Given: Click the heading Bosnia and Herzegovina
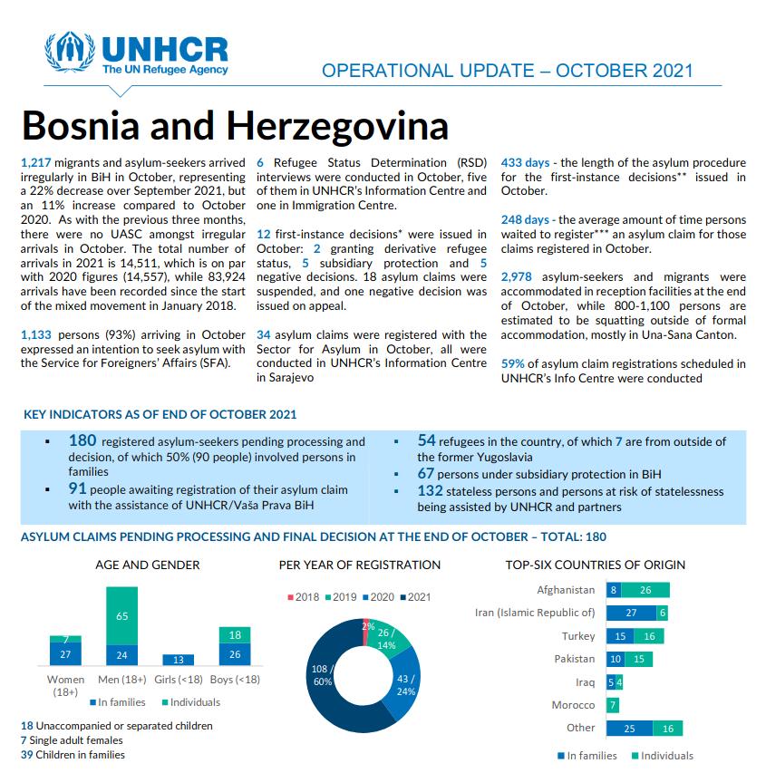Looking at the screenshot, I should [x=235, y=125].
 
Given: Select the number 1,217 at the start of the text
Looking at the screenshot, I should [x=37, y=163].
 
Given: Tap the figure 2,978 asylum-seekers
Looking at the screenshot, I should [x=520, y=276].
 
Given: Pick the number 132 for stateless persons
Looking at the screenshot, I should [x=430, y=490].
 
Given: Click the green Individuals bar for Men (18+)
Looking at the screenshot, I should [x=122, y=615].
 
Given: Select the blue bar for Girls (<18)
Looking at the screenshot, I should [x=178, y=660].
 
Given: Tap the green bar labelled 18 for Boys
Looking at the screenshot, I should [x=234, y=634].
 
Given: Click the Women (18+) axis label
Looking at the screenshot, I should [x=65, y=686].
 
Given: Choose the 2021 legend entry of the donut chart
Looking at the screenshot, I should [x=416, y=596].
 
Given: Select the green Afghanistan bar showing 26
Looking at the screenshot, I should [x=645, y=591].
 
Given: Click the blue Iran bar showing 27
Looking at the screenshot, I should [x=631, y=614].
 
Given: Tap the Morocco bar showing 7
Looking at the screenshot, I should [x=614, y=705].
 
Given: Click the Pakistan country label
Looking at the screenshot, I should [x=575, y=659].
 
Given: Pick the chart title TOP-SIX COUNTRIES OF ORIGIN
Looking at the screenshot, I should [x=595, y=565].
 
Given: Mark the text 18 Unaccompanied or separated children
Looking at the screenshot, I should [x=117, y=726].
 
